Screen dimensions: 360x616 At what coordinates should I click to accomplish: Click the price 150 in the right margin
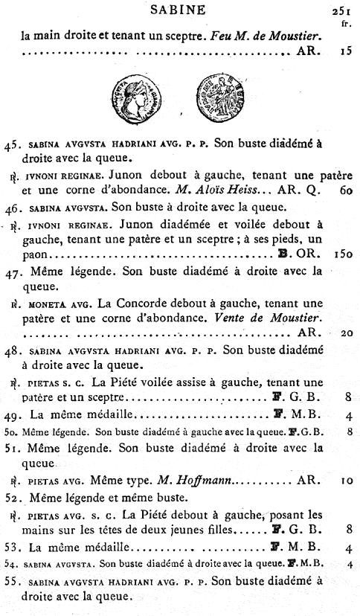[341, 275]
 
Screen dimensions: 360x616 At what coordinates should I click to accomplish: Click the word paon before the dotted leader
[33, 275]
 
